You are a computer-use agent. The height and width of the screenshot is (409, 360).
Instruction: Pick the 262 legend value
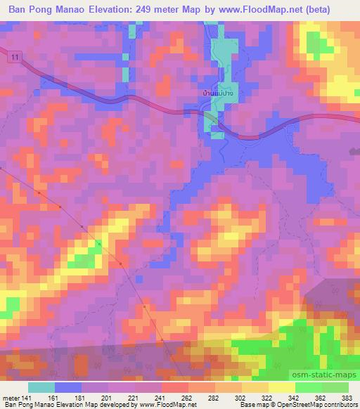(x=187, y=398)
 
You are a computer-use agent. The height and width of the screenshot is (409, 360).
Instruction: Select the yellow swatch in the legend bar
(x=281, y=387)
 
